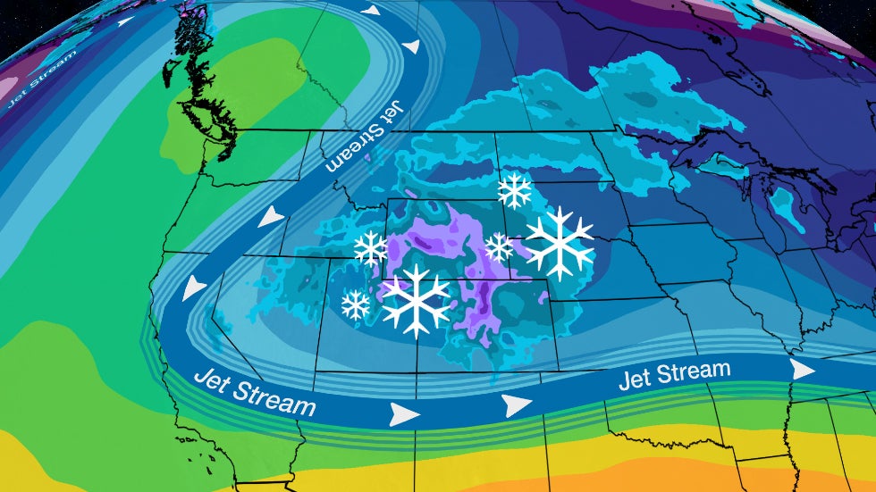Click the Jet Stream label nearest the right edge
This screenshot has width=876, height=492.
coord(675,374)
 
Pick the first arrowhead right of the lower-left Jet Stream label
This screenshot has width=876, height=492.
coord(405,413)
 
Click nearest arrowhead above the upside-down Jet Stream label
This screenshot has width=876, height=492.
coord(410,46)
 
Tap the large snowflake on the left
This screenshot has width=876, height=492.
coord(416,300)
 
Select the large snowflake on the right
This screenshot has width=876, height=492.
coord(560,242)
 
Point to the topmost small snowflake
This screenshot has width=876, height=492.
coord(514,190)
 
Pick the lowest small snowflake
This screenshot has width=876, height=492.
coord(356,305)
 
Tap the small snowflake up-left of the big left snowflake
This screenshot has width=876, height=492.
coord(370,249)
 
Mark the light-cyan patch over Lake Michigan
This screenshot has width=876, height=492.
coord(786,205)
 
